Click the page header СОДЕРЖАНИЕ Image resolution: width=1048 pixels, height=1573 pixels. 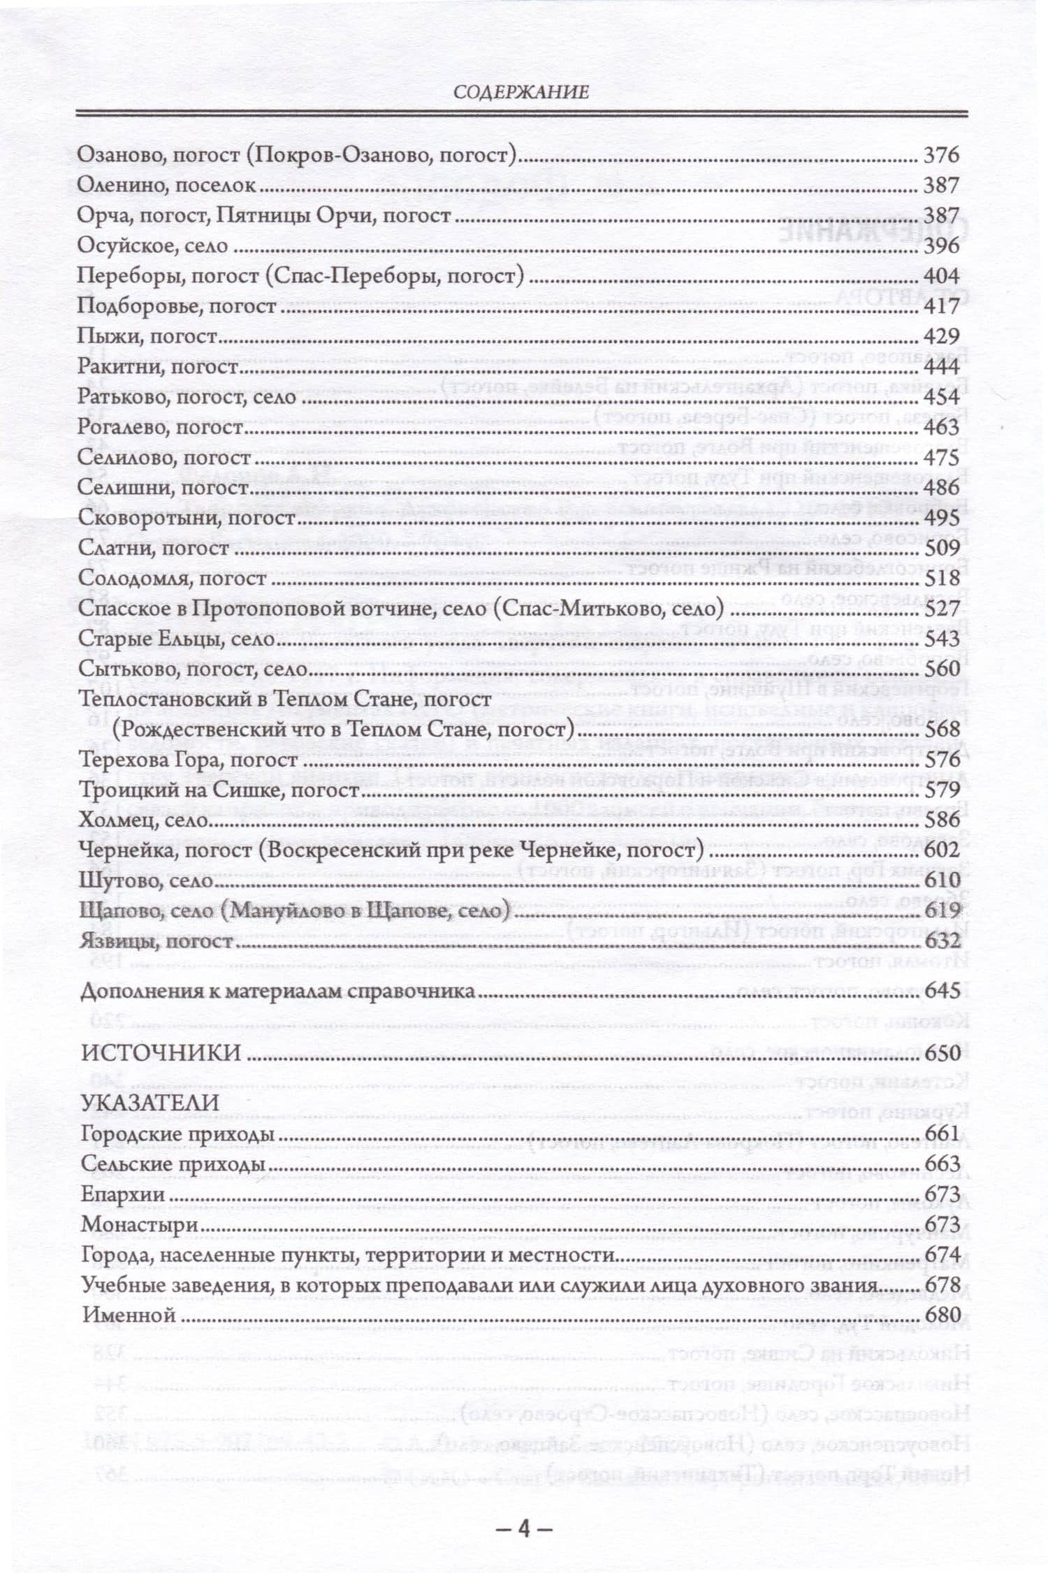(521, 92)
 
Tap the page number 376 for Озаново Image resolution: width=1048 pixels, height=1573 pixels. (942, 155)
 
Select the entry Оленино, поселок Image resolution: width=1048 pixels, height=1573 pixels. (166, 185)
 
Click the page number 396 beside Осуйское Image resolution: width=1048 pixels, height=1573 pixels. (942, 246)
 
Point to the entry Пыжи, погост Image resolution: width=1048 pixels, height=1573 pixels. (147, 336)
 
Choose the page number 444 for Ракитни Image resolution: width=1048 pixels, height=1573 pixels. (942, 366)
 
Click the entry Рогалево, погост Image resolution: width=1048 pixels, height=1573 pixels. (160, 427)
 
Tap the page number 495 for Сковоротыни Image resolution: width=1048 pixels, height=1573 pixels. (942, 518)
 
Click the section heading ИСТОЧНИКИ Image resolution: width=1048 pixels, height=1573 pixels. (161, 1052)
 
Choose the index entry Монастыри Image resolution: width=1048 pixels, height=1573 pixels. (140, 1224)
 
